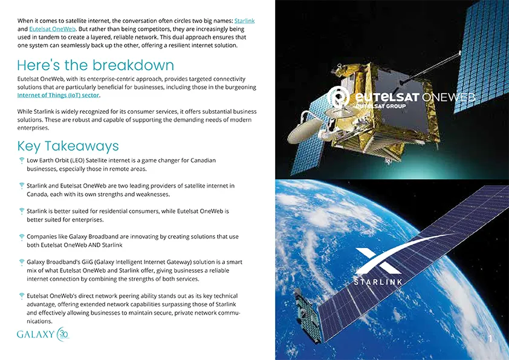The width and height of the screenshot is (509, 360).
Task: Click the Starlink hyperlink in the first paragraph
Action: coord(244,21)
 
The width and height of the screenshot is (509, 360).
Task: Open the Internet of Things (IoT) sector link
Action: coord(58,96)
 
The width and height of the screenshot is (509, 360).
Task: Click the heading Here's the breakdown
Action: coord(96,65)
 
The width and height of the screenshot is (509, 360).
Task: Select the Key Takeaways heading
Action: coord(68,146)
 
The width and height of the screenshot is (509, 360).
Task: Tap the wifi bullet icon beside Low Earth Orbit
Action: coord(22,161)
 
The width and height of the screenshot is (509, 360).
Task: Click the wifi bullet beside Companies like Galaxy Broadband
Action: coord(22,237)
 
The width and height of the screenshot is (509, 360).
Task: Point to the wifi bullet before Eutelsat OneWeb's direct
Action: coord(22,296)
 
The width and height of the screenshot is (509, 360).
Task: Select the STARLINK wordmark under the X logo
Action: coord(378,283)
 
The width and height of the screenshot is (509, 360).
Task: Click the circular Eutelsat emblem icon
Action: coord(336,97)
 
